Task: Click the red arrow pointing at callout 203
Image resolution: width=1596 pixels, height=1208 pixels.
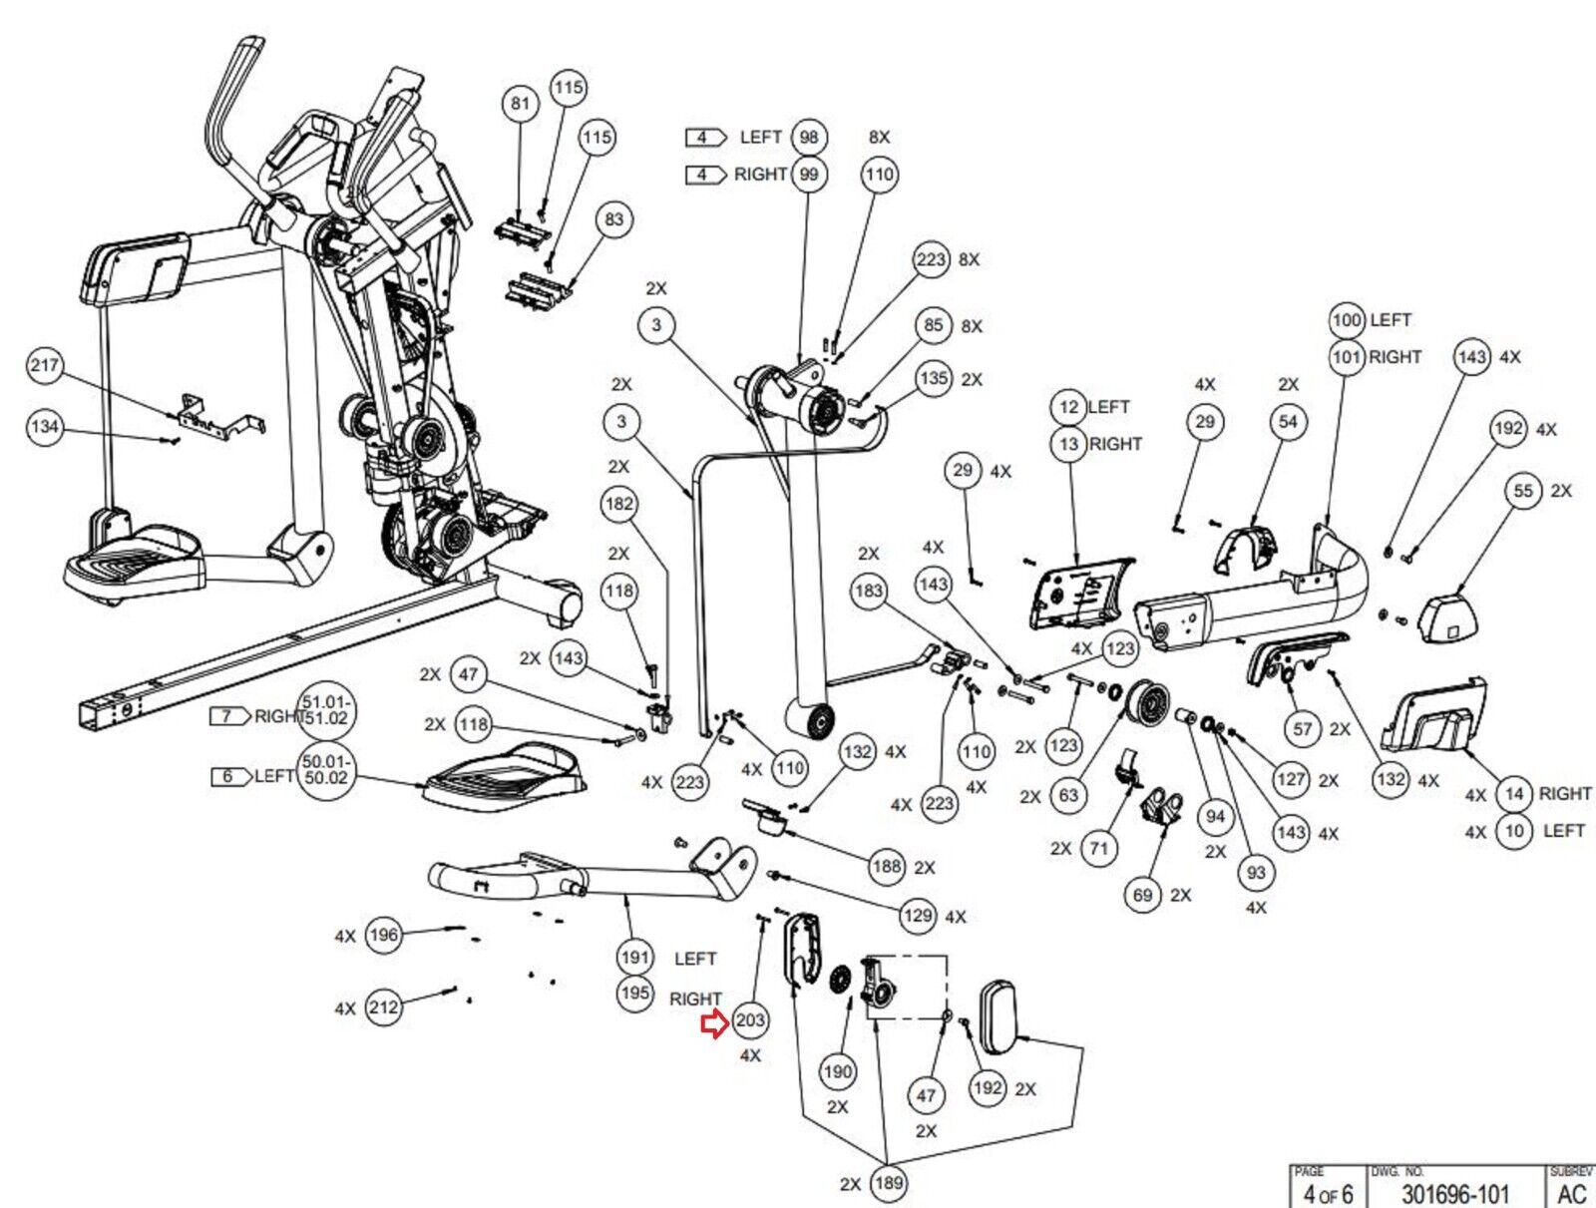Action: tap(714, 1023)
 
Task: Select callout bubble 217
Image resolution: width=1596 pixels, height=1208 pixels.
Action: tap(44, 365)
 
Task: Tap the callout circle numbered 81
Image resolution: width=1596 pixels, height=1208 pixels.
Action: tap(521, 104)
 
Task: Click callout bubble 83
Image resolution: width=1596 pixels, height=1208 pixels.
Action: tap(613, 219)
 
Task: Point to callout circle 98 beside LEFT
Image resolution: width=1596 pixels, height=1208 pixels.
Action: tap(809, 137)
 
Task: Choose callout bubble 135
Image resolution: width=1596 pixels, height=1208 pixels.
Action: tap(934, 379)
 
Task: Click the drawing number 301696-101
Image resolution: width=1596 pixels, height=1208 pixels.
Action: tap(1454, 1193)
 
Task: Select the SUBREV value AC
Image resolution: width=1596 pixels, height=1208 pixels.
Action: tap(1572, 1193)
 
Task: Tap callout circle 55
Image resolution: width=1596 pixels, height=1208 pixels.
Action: tap(1523, 491)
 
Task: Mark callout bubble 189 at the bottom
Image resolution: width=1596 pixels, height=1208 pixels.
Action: tap(887, 1183)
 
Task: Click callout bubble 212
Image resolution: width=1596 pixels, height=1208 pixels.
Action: tap(384, 1007)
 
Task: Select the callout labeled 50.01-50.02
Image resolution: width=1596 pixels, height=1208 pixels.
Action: tap(325, 770)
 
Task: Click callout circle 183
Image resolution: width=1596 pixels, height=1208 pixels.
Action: tap(869, 591)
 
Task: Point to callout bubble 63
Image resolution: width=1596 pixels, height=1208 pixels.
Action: tap(1068, 795)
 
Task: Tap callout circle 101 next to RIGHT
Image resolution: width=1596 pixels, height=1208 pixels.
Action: tap(1347, 356)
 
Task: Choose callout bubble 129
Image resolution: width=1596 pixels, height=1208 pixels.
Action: tap(918, 915)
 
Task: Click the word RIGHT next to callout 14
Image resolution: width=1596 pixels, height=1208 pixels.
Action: tap(1564, 793)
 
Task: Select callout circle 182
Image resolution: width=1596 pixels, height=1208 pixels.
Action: tap(619, 504)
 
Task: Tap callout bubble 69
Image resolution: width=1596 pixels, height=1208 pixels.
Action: tap(1143, 895)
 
